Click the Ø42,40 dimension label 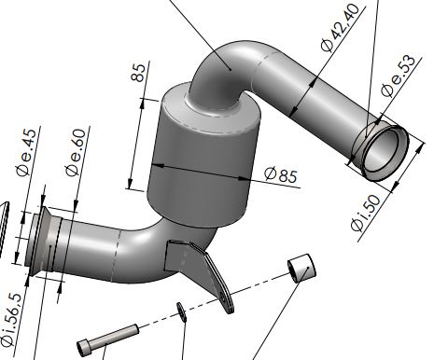click(x=340, y=27)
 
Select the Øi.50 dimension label click(x=366, y=214)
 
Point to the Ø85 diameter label click(x=281, y=174)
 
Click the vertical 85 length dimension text click(x=138, y=73)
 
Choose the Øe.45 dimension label click(x=26, y=154)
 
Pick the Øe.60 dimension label click(x=76, y=153)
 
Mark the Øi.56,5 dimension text click(x=12, y=320)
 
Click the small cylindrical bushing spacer click(x=301, y=268)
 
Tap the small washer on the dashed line click(x=181, y=312)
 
